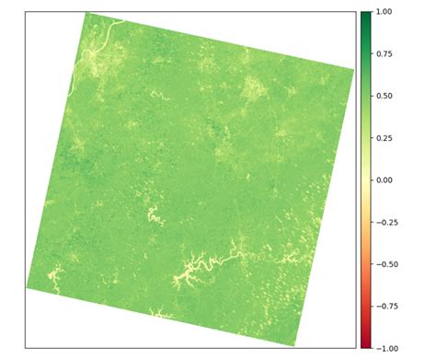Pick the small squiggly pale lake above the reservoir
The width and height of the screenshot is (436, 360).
pyautogui.click(x=153, y=217)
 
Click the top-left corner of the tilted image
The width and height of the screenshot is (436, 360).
pyautogui.click(x=86, y=13)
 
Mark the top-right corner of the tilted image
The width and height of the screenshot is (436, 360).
pyautogui.click(x=354, y=68)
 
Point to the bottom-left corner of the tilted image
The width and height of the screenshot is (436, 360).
pyautogui.click(x=27, y=288)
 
